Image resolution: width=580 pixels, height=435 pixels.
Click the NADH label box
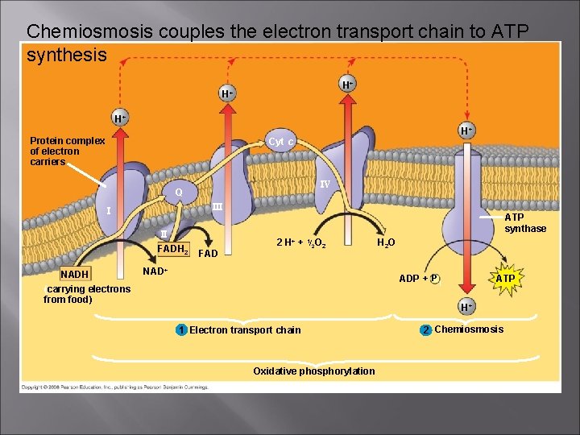[x=75, y=275]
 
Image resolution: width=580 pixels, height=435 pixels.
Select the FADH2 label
[x=172, y=249]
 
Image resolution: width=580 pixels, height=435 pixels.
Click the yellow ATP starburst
[x=505, y=279]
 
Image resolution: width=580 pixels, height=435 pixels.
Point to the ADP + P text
[x=419, y=279]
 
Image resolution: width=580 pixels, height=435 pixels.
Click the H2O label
[x=387, y=242]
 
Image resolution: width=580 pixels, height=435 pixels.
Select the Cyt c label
[x=281, y=142]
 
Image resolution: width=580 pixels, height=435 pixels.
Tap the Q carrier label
[x=179, y=193]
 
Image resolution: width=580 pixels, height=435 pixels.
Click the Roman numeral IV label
[x=324, y=185]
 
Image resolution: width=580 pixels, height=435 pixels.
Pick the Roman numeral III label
[x=217, y=207]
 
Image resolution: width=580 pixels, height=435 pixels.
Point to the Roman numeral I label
[x=108, y=212]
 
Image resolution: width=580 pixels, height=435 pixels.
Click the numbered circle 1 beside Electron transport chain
[x=182, y=329]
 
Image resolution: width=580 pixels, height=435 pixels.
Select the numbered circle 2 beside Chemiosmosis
[x=426, y=329]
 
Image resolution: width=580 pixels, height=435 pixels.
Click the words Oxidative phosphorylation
[x=313, y=371]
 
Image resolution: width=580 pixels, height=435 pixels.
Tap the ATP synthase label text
[x=524, y=223]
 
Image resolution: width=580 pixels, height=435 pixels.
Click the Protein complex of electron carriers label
[x=67, y=151]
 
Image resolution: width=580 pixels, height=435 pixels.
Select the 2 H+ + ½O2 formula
[x=300, y=243]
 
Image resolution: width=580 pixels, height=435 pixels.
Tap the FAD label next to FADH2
[x=208, y=254]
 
